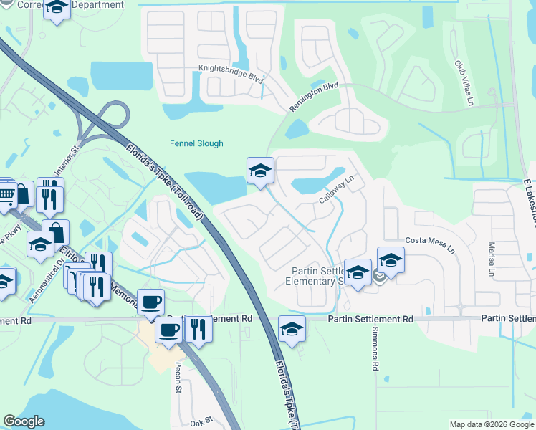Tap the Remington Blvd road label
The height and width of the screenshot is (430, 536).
tap(313, 96)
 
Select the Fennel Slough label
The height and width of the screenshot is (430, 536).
tap(196, 143)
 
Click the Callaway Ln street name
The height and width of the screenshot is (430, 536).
tap(338, 189)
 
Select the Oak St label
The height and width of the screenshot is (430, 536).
tap(203, 421)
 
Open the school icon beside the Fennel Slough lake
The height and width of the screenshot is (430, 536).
tap(261, 171)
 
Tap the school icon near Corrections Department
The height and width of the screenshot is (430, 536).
tap(57, 8)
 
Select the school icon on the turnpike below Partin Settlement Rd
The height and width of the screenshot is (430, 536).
tap(292, 329)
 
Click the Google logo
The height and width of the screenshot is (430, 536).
tap(24, 421)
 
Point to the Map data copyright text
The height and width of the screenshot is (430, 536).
tap(492, 424)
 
